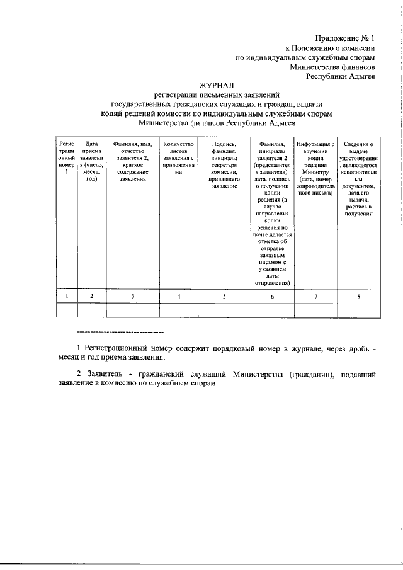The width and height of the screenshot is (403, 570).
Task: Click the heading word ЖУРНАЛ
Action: [217, 84]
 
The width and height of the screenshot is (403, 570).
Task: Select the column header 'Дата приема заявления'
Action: [91, 162]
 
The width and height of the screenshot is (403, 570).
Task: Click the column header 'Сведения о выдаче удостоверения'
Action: [358, 179]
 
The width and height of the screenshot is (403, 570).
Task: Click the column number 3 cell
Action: [132, 296]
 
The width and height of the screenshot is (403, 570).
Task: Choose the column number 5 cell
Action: [224, 296]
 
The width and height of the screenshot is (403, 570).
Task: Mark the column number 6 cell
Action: [272, 296]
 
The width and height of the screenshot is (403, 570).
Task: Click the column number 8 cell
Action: [358, 296]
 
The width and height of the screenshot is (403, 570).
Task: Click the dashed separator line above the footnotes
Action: [120, 331]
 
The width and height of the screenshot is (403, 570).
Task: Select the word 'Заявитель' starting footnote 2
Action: [105, 374]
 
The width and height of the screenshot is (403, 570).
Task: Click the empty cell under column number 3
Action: [132, 311]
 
